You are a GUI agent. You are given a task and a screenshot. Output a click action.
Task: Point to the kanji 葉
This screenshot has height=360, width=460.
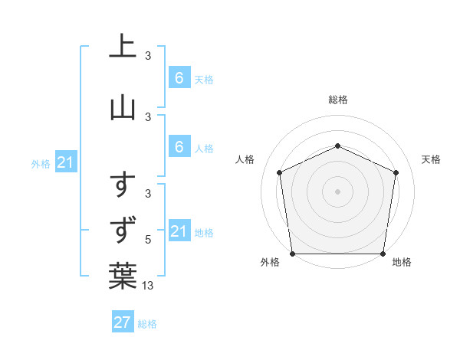[x=123, y=275]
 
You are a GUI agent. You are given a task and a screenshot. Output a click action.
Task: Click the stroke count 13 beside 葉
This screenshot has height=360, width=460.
[x=149, y=286]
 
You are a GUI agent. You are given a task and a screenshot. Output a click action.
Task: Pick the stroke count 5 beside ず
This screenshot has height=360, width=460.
[x=148, y=240]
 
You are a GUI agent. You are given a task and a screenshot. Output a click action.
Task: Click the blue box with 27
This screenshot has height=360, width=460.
[x=123, y=322]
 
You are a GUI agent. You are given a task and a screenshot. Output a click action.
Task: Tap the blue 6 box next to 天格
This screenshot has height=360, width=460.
[x=179, y=78]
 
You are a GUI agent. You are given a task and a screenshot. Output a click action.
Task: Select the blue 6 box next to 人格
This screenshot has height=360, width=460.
[x=179, y=147]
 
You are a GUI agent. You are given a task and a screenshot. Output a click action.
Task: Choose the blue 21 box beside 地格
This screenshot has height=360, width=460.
[x=179, y=231]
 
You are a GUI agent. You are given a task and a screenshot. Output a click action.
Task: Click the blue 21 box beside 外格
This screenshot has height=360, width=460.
[x=66, y=162]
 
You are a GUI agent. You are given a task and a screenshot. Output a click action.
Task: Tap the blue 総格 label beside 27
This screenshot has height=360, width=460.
[x=147, y=324]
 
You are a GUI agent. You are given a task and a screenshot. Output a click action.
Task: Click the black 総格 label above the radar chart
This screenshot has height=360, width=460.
[x=337, y=100]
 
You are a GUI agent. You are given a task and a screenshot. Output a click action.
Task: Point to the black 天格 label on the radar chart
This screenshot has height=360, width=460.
[x=431, y=159]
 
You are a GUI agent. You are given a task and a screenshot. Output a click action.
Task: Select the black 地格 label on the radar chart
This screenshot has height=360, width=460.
[x=402, y=262]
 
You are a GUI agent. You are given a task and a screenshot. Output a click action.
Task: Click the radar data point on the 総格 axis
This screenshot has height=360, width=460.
[x=337, y=146]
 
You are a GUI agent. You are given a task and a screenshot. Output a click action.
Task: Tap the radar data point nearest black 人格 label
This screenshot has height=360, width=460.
[x=279, y=172]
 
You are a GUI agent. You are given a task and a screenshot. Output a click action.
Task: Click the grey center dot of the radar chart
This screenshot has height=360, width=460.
[x=337, y=191]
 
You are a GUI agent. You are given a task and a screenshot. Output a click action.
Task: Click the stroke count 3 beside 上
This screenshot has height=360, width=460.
[x=148, y=55]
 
